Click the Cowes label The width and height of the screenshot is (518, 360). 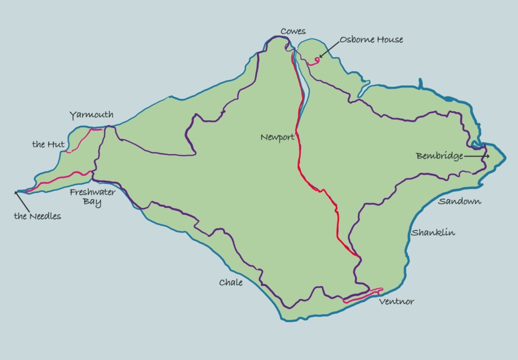(293, 31)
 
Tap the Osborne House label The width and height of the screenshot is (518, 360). (371, 39)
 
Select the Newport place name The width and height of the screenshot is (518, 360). (277, 137)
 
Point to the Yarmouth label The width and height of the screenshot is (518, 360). (91, 114)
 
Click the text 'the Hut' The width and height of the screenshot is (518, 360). (49, 144)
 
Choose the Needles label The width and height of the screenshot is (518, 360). (37, 216)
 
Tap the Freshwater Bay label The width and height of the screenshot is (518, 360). (92, 197)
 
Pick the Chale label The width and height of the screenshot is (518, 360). (230, 282)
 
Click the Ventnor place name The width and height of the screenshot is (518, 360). (397, 301)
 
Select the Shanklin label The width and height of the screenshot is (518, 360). (433, 233)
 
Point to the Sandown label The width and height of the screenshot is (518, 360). (459, 201)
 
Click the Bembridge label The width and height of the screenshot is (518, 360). (439, 156)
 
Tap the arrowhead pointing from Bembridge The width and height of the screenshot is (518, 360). (487, 156)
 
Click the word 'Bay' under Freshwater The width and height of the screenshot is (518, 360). (92, 202)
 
